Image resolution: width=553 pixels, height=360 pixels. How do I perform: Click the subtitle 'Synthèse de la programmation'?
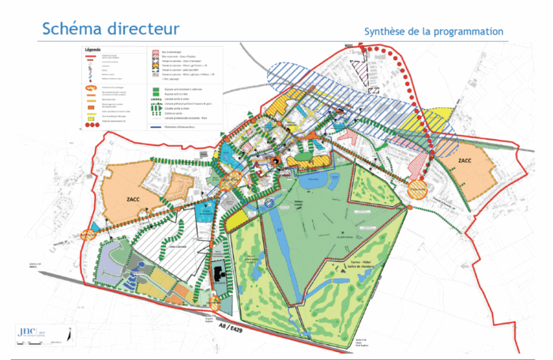(x=433, y=31)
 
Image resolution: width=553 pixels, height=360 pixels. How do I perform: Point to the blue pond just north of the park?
(x=316, y=181)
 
